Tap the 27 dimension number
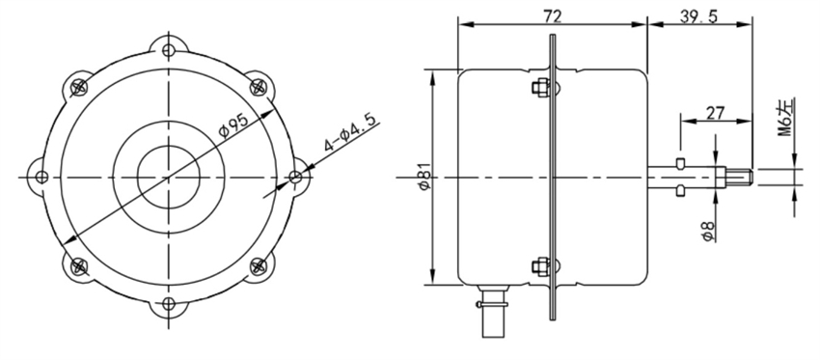point(716,112)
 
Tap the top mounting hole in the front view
point(170,50)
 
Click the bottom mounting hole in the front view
point(170,305)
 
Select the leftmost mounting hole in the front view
point(41,178)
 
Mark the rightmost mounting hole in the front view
point(296,178)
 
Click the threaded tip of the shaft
point(739,178)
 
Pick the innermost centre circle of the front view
point(169,178)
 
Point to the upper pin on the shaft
point(682,161)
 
